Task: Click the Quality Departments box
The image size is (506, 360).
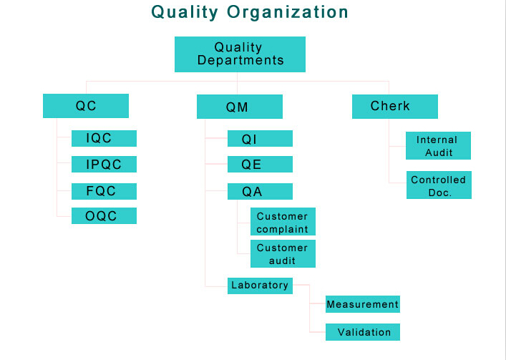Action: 240,54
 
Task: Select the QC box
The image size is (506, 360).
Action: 86,106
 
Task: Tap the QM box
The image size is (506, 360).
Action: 240,107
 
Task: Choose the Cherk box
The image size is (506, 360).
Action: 395,107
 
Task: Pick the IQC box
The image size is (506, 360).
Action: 104,138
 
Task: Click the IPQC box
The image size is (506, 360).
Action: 104,164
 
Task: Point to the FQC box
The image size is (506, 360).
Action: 104,191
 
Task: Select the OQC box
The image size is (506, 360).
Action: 104,215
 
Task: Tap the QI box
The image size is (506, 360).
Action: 260,138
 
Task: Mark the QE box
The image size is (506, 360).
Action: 260,164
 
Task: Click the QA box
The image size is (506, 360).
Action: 260,191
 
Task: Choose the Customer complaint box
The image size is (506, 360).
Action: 283,221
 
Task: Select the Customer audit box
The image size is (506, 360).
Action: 283,253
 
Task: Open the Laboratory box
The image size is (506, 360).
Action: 260,286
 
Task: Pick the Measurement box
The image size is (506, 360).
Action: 363,304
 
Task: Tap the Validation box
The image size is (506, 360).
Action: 363,332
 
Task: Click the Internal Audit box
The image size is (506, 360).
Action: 438,145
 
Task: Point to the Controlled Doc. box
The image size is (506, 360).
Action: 439,185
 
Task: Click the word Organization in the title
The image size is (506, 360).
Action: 288,12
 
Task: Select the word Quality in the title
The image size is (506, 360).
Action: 185,12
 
